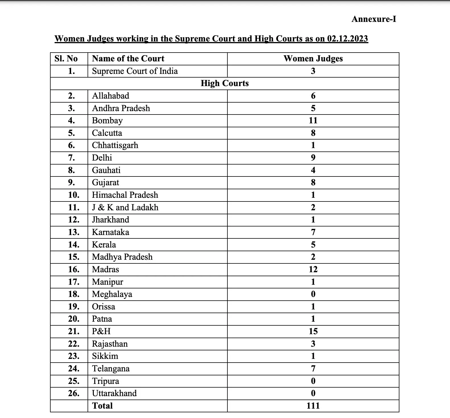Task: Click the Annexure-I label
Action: [x=374, y=19]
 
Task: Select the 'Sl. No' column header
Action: [x=66, y=59]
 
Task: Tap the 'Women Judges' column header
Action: [x=313, y=59]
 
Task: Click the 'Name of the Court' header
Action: [x=128, y=59]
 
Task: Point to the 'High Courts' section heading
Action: [x=225, y=83]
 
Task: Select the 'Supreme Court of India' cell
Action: [x=135, y=71]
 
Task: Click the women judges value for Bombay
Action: [x=313, y=120]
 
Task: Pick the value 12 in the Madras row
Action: [x=313, y=269]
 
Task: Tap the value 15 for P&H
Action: [x=313, y=331]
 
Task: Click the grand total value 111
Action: [x=313, y=406]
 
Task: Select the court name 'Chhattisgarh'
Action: [x=115, y=145]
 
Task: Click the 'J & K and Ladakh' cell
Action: [x=125, y=207]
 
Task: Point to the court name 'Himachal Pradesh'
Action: [x=125, y=195]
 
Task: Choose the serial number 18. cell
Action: [x=74, y=294]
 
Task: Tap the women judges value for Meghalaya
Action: [x=313, y=294]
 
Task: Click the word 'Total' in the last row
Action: [x=102, y=406]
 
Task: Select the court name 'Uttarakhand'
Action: [x=114, y=393]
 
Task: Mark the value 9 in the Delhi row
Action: [x=313, y=158]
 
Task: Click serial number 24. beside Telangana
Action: [x=74, y=369]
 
